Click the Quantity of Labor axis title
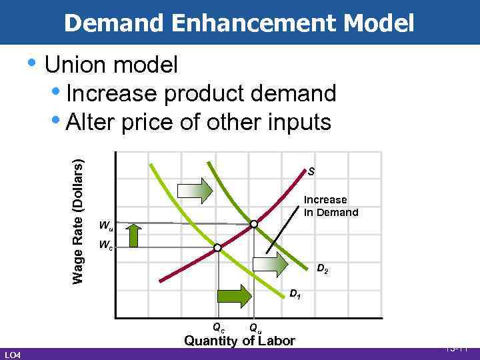coord(239,341)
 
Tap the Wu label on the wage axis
coord(104,224)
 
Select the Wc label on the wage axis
coord(104,244)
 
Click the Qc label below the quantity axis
coord(218,327)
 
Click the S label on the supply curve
coord(311,172)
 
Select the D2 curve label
coord(322,270)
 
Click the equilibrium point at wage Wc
coord(217,248)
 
